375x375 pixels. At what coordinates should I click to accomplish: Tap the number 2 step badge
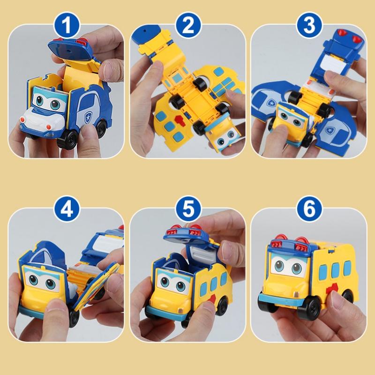(188, 24)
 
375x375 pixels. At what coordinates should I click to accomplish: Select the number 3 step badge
(309, 24)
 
